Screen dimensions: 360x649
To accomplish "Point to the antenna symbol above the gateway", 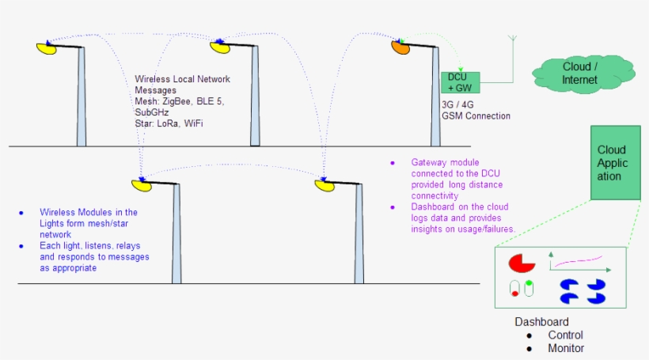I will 512,41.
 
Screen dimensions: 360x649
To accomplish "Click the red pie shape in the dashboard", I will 522,263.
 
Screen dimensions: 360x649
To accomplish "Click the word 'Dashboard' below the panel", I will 541,322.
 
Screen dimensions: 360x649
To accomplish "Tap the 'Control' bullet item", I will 566,335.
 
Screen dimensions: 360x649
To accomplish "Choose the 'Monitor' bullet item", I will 566,348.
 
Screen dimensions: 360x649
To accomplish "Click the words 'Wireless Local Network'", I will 182,79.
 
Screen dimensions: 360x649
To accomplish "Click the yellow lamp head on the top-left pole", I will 46,48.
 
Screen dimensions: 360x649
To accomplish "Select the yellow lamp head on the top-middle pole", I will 219,47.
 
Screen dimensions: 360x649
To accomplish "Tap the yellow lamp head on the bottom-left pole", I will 142,186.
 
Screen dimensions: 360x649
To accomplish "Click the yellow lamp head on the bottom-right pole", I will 324,185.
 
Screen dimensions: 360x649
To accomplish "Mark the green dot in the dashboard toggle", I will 528,283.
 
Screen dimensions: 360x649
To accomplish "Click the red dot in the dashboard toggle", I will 515,294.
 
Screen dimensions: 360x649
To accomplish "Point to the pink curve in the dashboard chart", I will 579,259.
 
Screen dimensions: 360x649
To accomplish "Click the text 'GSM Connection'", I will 476,116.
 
